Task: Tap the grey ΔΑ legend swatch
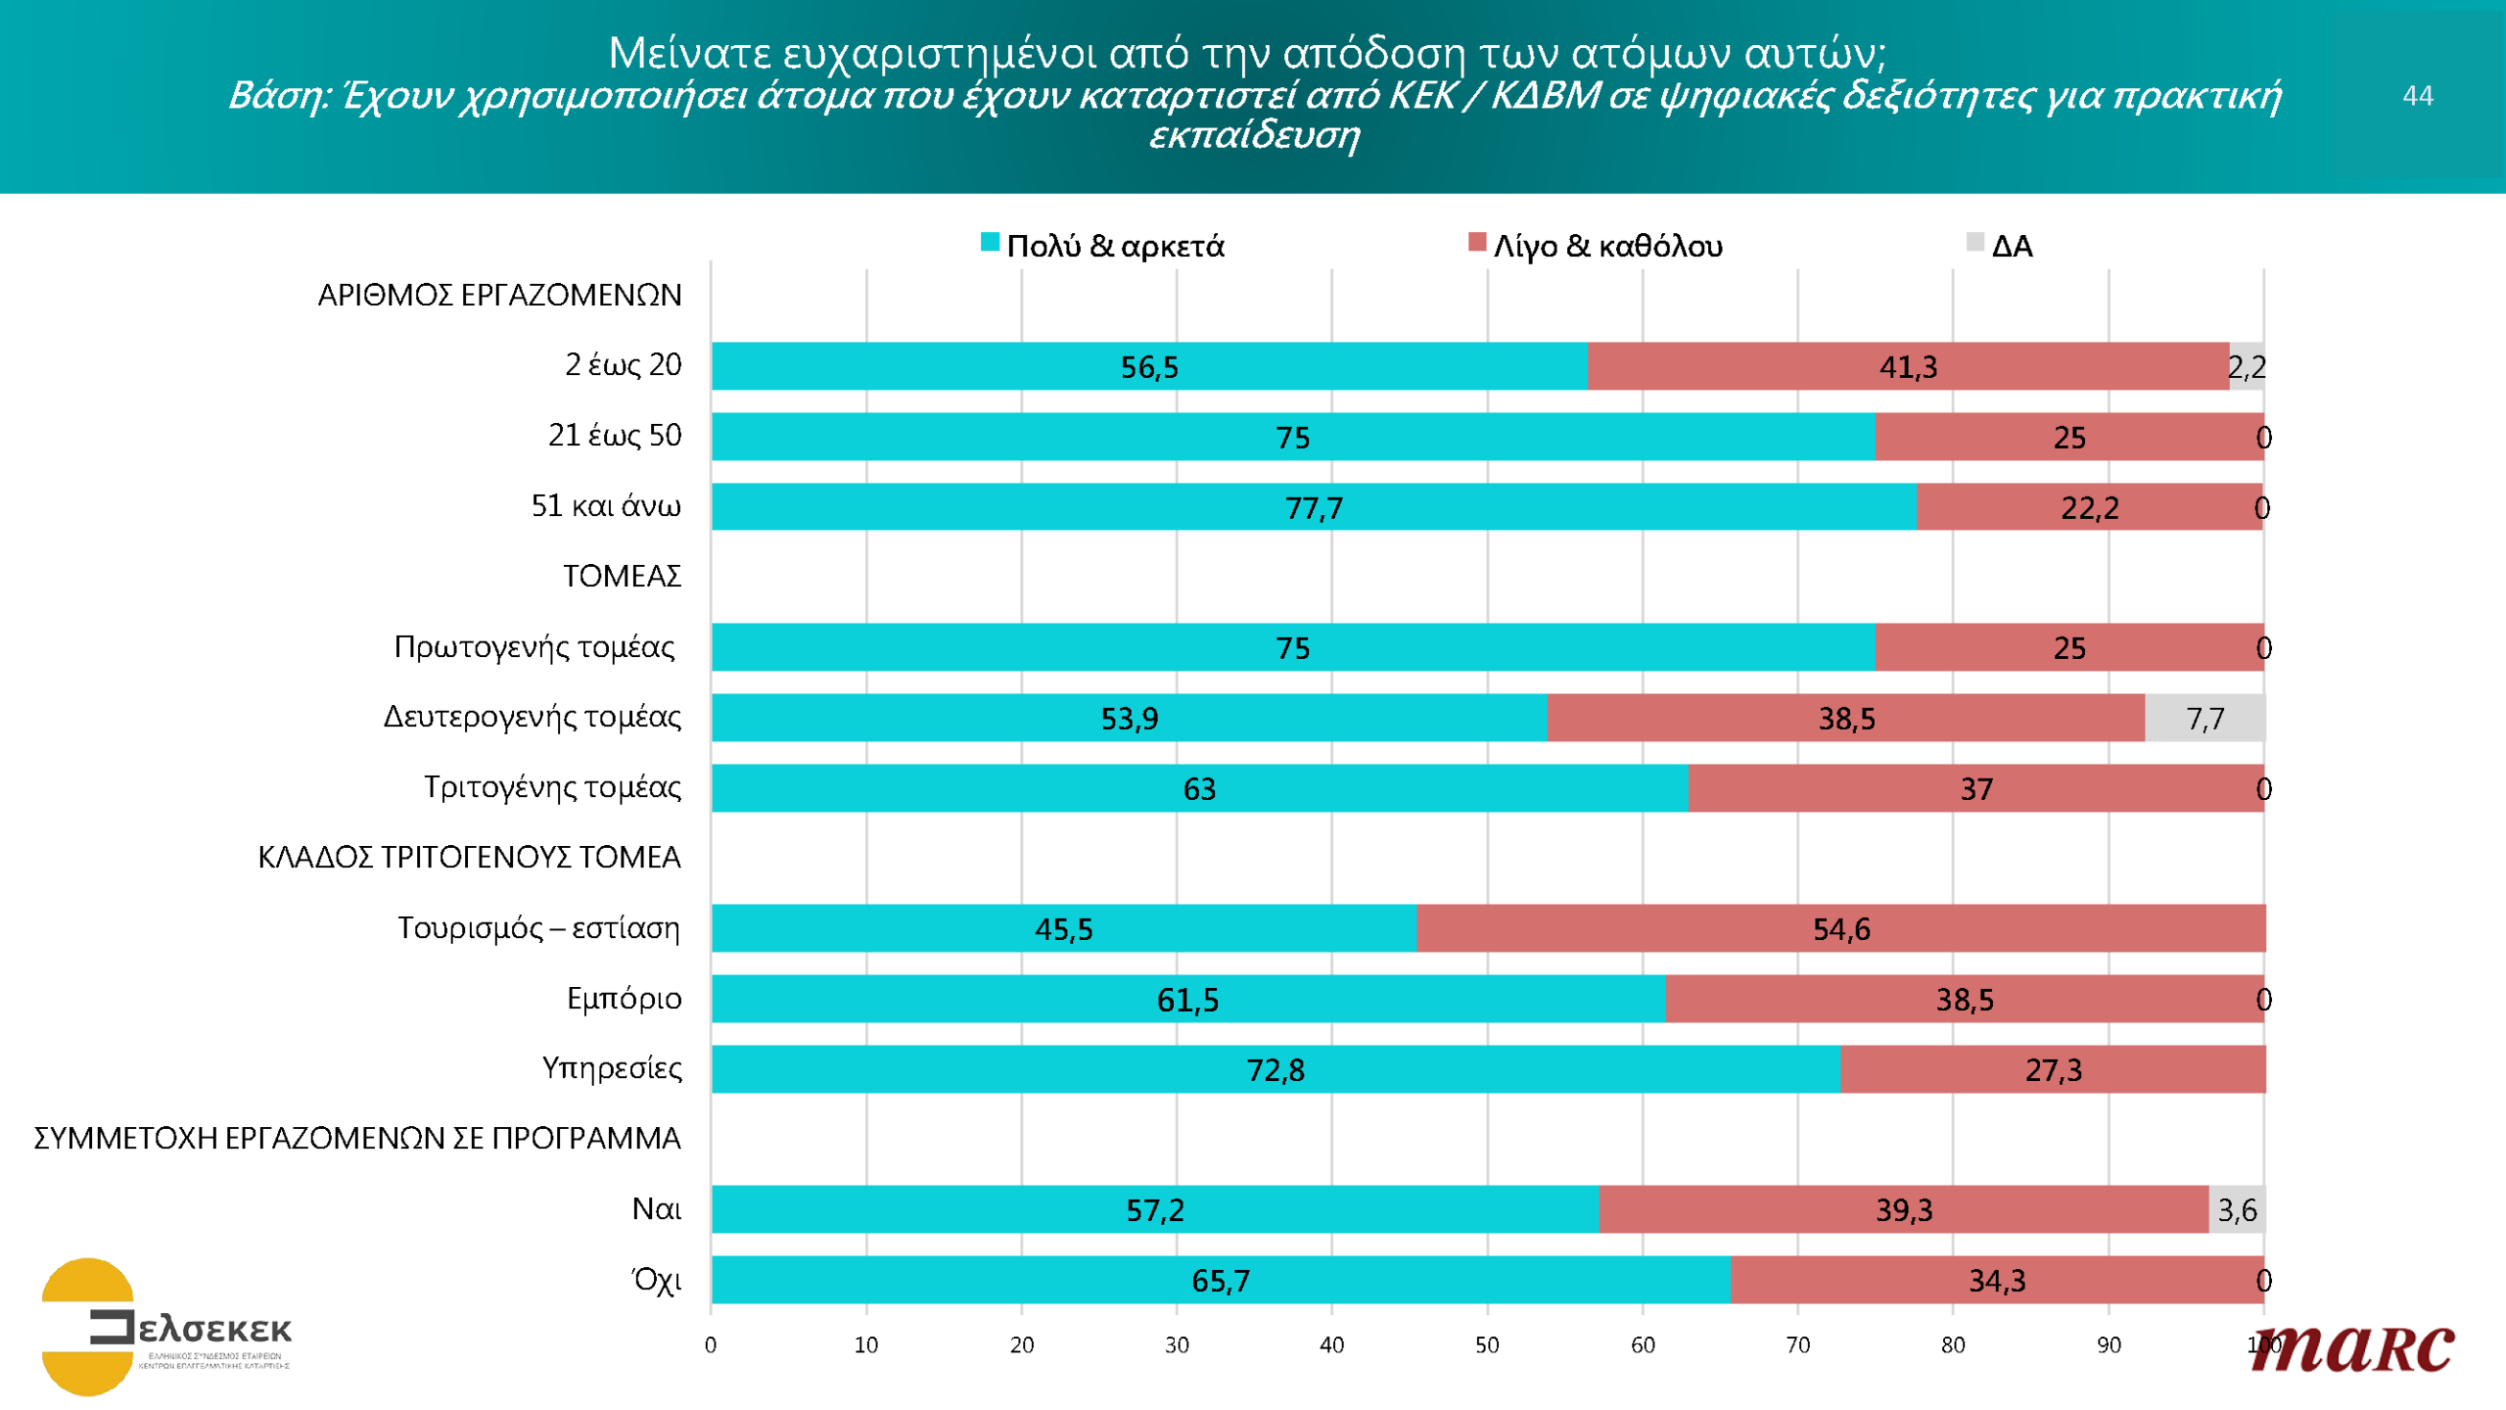(1974, 242)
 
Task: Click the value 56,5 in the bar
(1149, 367)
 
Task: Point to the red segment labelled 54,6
(1840, 928)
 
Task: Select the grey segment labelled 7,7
(2204, 719)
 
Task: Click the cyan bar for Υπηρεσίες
(1275, 1069)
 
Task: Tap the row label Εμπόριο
(624, 999)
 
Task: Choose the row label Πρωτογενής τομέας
(534, 647)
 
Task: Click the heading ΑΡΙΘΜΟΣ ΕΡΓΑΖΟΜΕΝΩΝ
(499, 296)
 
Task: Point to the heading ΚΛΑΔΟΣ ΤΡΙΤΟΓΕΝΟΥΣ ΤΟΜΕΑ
(469, 858)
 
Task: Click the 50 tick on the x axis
(1487, 1345)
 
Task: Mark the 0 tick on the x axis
(711, 1345)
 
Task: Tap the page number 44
(2417, 96)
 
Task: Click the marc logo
(2353, 1349)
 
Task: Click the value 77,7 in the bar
(1314, 508)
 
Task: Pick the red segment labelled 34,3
(1997, 1281)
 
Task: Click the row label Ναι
(656, 1209)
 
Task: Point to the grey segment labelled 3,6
(2237, 1210)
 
